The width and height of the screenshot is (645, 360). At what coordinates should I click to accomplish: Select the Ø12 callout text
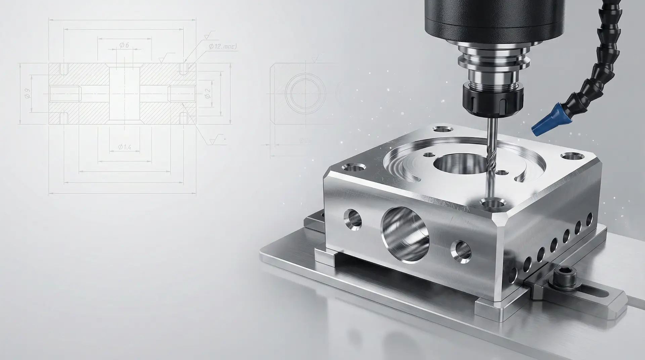220,47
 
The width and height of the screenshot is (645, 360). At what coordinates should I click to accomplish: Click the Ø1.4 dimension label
125,147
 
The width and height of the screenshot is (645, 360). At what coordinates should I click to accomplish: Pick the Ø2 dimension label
208,94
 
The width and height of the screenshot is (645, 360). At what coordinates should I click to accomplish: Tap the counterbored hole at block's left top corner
354,167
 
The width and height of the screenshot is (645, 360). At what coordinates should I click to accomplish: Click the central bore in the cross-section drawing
125,92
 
